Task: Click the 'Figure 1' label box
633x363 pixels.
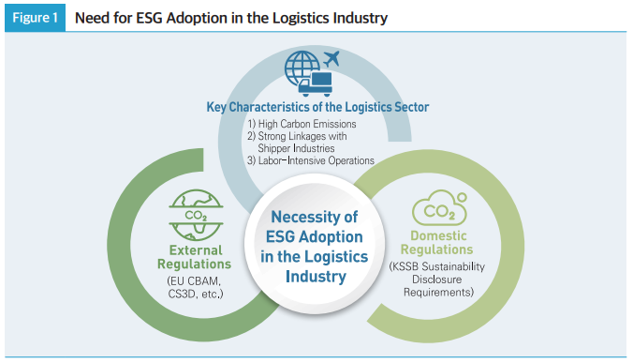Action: click(x=34, y=18)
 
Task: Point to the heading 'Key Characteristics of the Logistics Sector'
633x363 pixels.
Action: click(x=317, y=107)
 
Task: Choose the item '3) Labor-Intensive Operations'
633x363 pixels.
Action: click(x=310, y=160)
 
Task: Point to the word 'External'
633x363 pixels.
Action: click(x=196, y=250)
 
